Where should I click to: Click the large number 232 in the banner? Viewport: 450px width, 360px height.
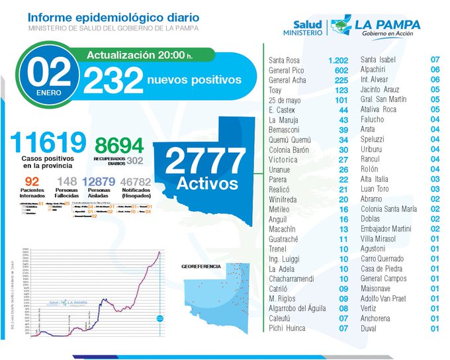click(113, 81)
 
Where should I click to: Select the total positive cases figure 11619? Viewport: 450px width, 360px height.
click(48, 143)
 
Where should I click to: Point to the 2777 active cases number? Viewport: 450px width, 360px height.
click(205, 160)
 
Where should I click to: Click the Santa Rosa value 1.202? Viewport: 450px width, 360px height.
click(338, 60)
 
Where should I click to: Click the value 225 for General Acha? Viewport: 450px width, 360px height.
click(341, 81)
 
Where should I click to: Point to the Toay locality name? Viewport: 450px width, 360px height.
click(275, 91)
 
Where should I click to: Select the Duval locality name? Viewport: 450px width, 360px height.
click(369, 328)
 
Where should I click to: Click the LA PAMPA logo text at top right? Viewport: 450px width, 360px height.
click(387, 24)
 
